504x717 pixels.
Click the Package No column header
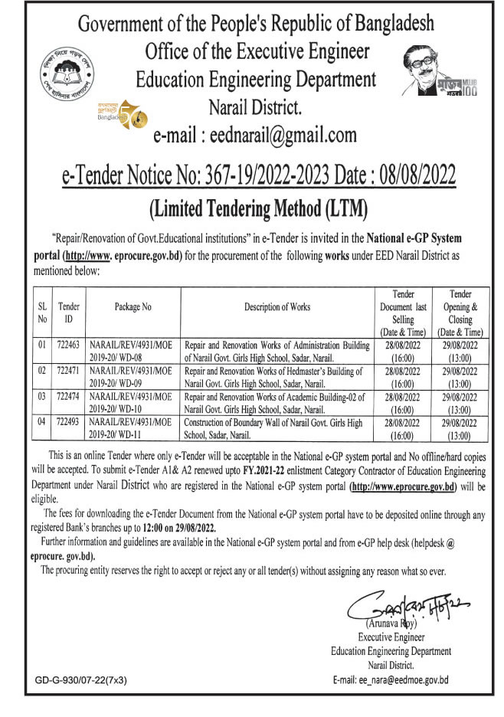[x=133, y=307]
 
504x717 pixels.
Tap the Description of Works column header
[x=277, y=307]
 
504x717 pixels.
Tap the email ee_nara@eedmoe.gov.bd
[x=391, y=680]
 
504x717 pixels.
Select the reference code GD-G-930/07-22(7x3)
[x=80, y=680]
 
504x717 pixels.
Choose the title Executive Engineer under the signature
[x=390, y=638]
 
